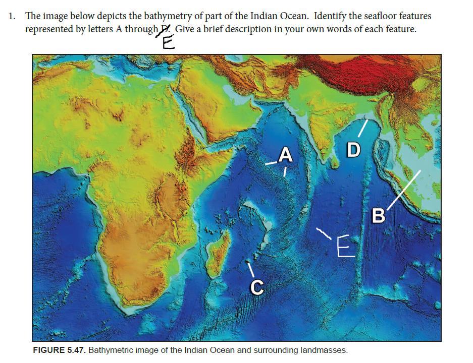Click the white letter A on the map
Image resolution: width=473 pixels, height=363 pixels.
pos(286,155)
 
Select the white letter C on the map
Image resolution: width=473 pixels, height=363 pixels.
pos(256,287)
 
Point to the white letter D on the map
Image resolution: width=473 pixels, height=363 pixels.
pos(353,150)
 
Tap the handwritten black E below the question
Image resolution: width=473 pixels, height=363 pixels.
pos(168,43)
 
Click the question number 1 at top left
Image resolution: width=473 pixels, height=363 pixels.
pos(12,16)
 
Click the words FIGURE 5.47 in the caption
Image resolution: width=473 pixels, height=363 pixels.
pos(59,350)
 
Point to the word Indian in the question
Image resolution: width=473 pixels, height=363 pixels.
pos(264,16)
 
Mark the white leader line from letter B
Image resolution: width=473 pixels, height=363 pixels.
pos(404,189)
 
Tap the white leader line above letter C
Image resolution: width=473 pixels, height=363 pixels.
pos(250,268)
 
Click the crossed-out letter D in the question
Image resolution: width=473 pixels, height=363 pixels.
pos(162,30)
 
